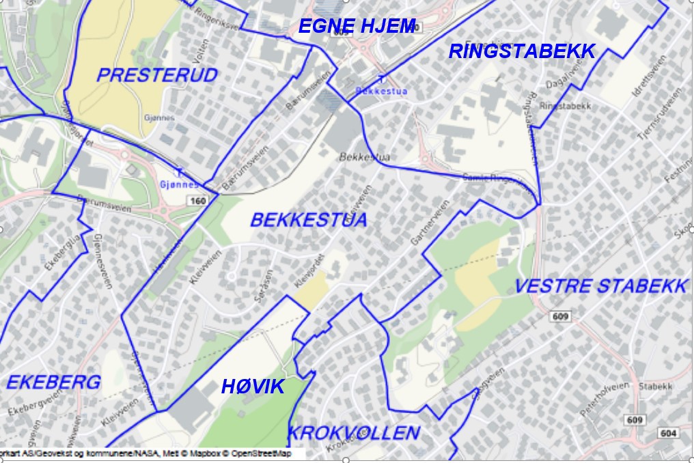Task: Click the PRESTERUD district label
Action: click(156, 75)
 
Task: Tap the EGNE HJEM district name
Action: click(357, 27)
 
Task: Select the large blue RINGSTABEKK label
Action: click(522, 51)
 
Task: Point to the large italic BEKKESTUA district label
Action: click(308, 220)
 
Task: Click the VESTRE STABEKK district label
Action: click(600, 286)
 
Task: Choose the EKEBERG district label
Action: click(53, 382)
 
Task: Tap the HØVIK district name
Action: click(253, 387)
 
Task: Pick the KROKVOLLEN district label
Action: click(353, 433)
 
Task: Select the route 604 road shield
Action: click(668, 433)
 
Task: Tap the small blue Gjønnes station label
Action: click(179, 184)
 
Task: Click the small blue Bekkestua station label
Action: click(373, 90)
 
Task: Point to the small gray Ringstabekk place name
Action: click(565, 107)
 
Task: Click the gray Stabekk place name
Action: click(656, 387)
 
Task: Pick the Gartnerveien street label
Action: click(430, 223)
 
